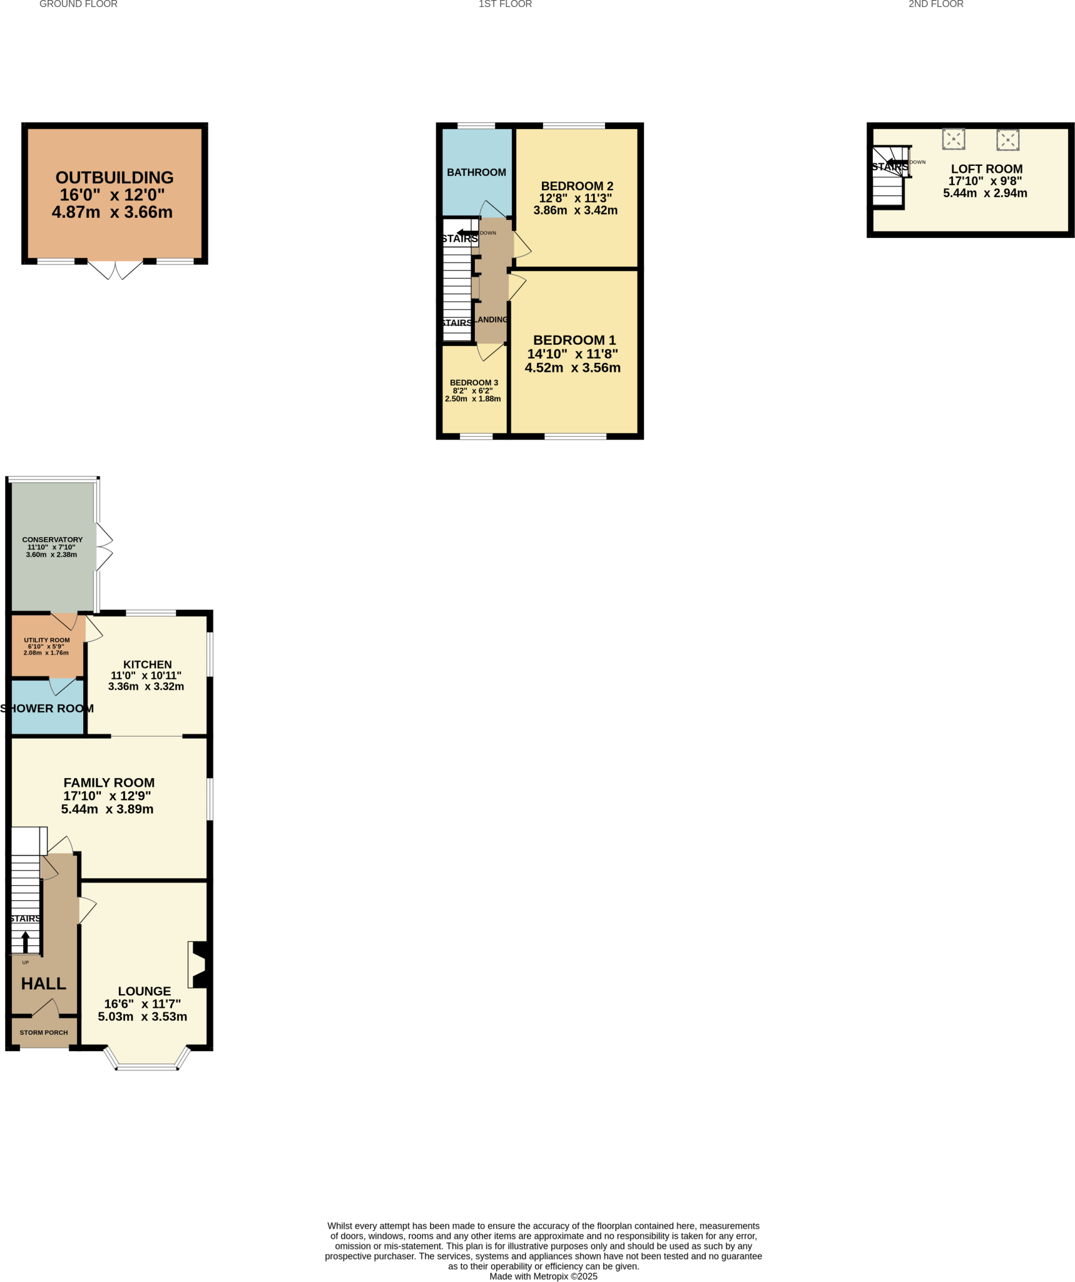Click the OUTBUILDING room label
point(115,178)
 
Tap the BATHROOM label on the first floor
point(476,172)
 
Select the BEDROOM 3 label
point(474,382)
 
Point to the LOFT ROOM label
point(986,169)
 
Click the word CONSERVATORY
point(52,540)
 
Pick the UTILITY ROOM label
point(47,640)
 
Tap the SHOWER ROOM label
point(47,708)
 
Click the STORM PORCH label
point(44,1032)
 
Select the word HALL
point(44,983)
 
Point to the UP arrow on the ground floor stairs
point(26,941)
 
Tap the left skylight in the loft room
point(953,139)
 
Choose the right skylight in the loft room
point(1007,140)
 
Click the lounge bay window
point(146,1065)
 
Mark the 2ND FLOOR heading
point(935,4)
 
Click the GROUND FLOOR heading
point(78,4)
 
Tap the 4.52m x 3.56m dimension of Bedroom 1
point(573,368)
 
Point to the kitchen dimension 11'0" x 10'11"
point(146,675)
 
